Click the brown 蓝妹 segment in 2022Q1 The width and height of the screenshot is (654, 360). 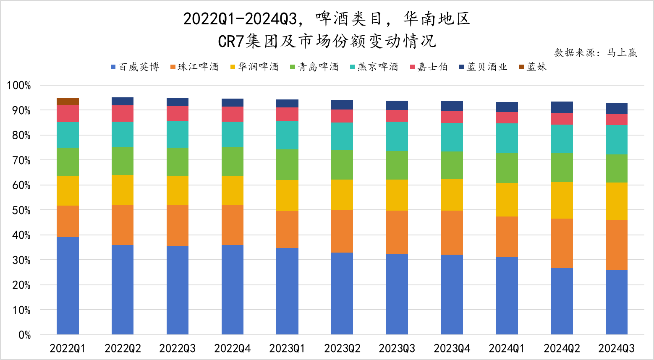point(68,101)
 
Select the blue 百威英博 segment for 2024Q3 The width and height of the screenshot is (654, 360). point(616,302)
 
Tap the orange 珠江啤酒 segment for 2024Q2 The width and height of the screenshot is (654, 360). point(562,243)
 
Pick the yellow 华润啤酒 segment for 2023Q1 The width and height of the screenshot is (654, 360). point(287,196)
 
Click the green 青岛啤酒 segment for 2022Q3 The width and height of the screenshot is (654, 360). point(178,162)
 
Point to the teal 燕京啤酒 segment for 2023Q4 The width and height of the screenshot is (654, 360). point(452,137)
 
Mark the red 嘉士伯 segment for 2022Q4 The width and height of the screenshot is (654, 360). point(233,114)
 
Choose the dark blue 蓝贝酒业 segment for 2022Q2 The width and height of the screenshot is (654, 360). point(123,101)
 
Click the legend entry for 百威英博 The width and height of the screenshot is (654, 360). point(135,67)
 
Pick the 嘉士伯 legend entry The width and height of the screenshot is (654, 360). point(429,67)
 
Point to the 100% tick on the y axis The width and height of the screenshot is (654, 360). point(19,86)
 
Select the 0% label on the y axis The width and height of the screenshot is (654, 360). point(24,335)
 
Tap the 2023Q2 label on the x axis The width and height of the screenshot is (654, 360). point(342,348)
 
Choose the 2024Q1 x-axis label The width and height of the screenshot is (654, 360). point(507,348)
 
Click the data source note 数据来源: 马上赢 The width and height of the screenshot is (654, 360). point(595,52)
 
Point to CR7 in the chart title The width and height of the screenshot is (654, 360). point(231,41)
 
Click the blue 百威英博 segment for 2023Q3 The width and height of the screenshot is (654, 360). point(397,294)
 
